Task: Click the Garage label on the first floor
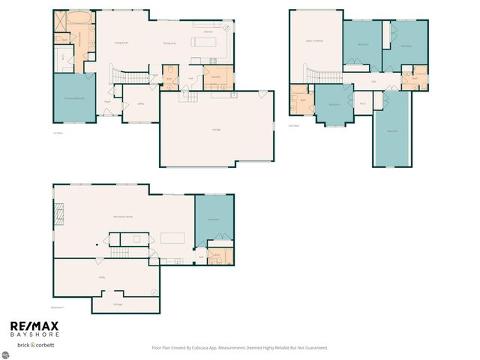216,130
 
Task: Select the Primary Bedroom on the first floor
73,98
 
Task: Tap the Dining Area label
169,43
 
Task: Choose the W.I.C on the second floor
363,103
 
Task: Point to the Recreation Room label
123,217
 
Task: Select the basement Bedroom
214,219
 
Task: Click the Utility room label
101,277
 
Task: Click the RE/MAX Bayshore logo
34,329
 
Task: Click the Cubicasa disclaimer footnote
239,347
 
